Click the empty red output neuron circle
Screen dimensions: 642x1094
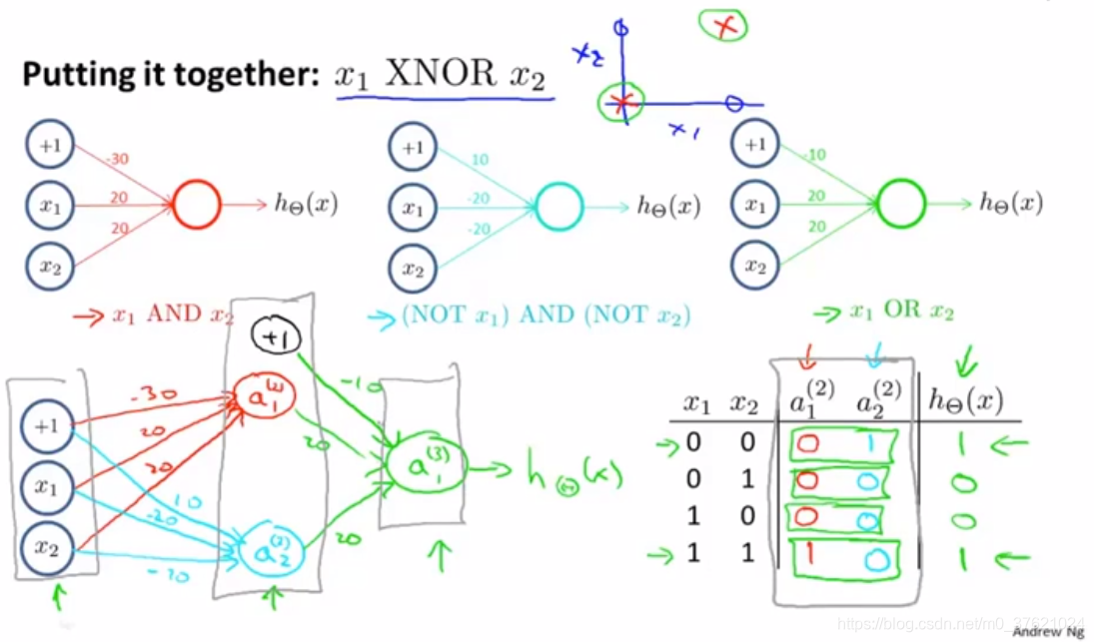[x=196, y=206]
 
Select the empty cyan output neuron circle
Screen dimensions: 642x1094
[x=559, y=207]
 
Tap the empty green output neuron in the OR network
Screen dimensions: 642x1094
[x=902, y=205]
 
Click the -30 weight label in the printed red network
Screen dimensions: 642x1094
[x=118, y=159]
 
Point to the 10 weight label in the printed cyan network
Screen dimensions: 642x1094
[x=480, y=160]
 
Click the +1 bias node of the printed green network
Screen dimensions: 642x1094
[x=755, y=146]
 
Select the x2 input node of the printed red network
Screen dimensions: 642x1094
[x=49, y=267]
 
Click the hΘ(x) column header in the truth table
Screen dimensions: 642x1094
[x=965, y=401]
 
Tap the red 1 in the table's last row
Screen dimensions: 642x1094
[x=807, y=552]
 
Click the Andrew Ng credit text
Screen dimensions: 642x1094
[x=1048, y=631]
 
